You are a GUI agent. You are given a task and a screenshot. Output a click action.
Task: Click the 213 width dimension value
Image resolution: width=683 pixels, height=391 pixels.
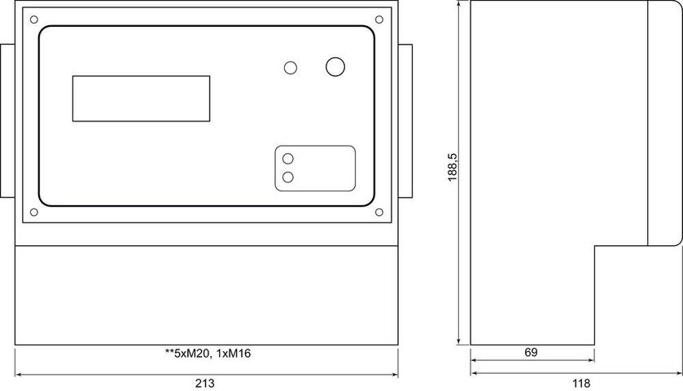[204, 384]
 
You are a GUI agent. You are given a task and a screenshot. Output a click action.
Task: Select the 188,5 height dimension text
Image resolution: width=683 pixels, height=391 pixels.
[453, 167]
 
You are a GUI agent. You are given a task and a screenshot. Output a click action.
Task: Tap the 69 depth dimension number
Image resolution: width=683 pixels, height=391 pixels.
[531, 352]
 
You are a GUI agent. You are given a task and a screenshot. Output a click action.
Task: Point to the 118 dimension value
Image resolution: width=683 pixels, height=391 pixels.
[581, 384]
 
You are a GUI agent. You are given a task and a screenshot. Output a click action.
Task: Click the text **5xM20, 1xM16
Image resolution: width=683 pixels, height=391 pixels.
[208, 354]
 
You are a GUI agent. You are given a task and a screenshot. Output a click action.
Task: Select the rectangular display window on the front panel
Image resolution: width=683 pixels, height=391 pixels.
[141, 99]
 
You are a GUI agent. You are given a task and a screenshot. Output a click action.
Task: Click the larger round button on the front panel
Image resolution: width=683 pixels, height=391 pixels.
[335, 67]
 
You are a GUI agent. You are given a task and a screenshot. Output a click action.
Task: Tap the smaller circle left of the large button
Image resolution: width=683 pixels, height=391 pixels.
[291, 68]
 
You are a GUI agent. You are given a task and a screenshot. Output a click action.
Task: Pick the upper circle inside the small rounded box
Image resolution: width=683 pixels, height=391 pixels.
[288, 159]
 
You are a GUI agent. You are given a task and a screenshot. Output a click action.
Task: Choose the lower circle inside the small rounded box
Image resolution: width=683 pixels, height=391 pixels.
[288, 178]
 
